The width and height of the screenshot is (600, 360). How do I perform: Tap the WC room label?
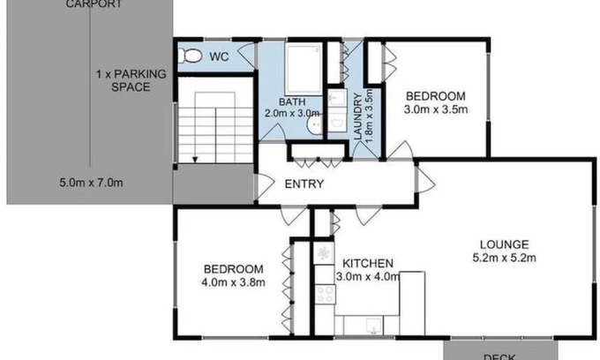tap(220, 57)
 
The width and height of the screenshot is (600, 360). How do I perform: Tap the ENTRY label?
tap(304, 184)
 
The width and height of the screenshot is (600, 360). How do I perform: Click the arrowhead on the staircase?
tap(194, 159)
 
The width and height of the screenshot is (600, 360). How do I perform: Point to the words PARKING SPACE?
tap(123, 80)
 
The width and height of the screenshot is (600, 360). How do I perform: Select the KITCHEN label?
tap(368, 263)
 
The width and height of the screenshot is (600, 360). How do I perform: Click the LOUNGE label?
tap(504, 244)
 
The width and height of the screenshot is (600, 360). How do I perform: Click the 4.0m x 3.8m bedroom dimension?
tap(233, 283)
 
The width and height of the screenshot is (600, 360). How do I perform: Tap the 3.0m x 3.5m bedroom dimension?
tap(436, 110)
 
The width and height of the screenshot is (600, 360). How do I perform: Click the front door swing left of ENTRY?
tap(263, 185)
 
